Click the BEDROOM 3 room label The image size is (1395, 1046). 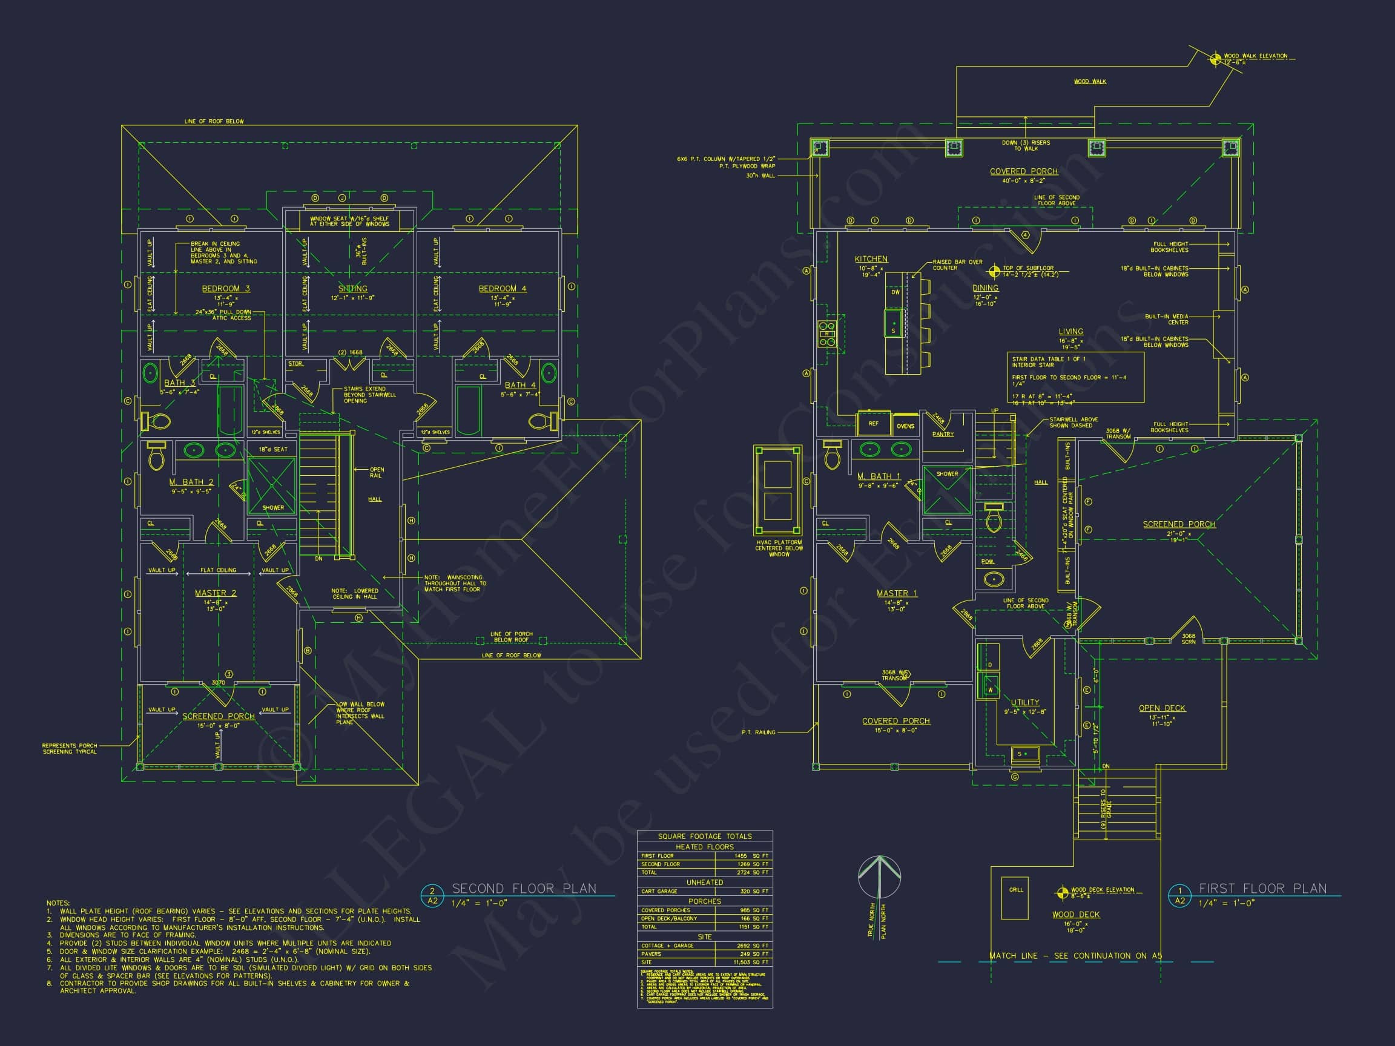[x=226, y=289]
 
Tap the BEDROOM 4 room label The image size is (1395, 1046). [x=502, y=289]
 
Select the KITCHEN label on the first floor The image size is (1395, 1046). [x=871, y=259]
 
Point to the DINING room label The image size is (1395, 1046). [x=985, y=288]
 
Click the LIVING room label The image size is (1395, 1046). [x=1071, y=332]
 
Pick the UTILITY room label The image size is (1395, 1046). [x=1025, y=702]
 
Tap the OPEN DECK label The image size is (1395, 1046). [x=1162, y=708]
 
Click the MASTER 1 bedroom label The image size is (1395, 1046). [x=896, y=593]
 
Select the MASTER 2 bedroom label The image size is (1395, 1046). [x=216, y=593]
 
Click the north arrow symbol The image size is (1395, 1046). [x=879, y=878]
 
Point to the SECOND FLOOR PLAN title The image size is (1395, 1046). [x=524, y=889]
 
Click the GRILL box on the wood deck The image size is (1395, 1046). [x=1015, y=898]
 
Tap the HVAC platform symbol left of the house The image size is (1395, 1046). [x=777, y=490]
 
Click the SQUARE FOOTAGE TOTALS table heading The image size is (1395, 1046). [x=704, y=836]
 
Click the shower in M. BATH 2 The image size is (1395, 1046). [x=272, y=484]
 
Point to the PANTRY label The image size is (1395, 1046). [x=943, y=435]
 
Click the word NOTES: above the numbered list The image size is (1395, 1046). [x=58, y=903]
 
